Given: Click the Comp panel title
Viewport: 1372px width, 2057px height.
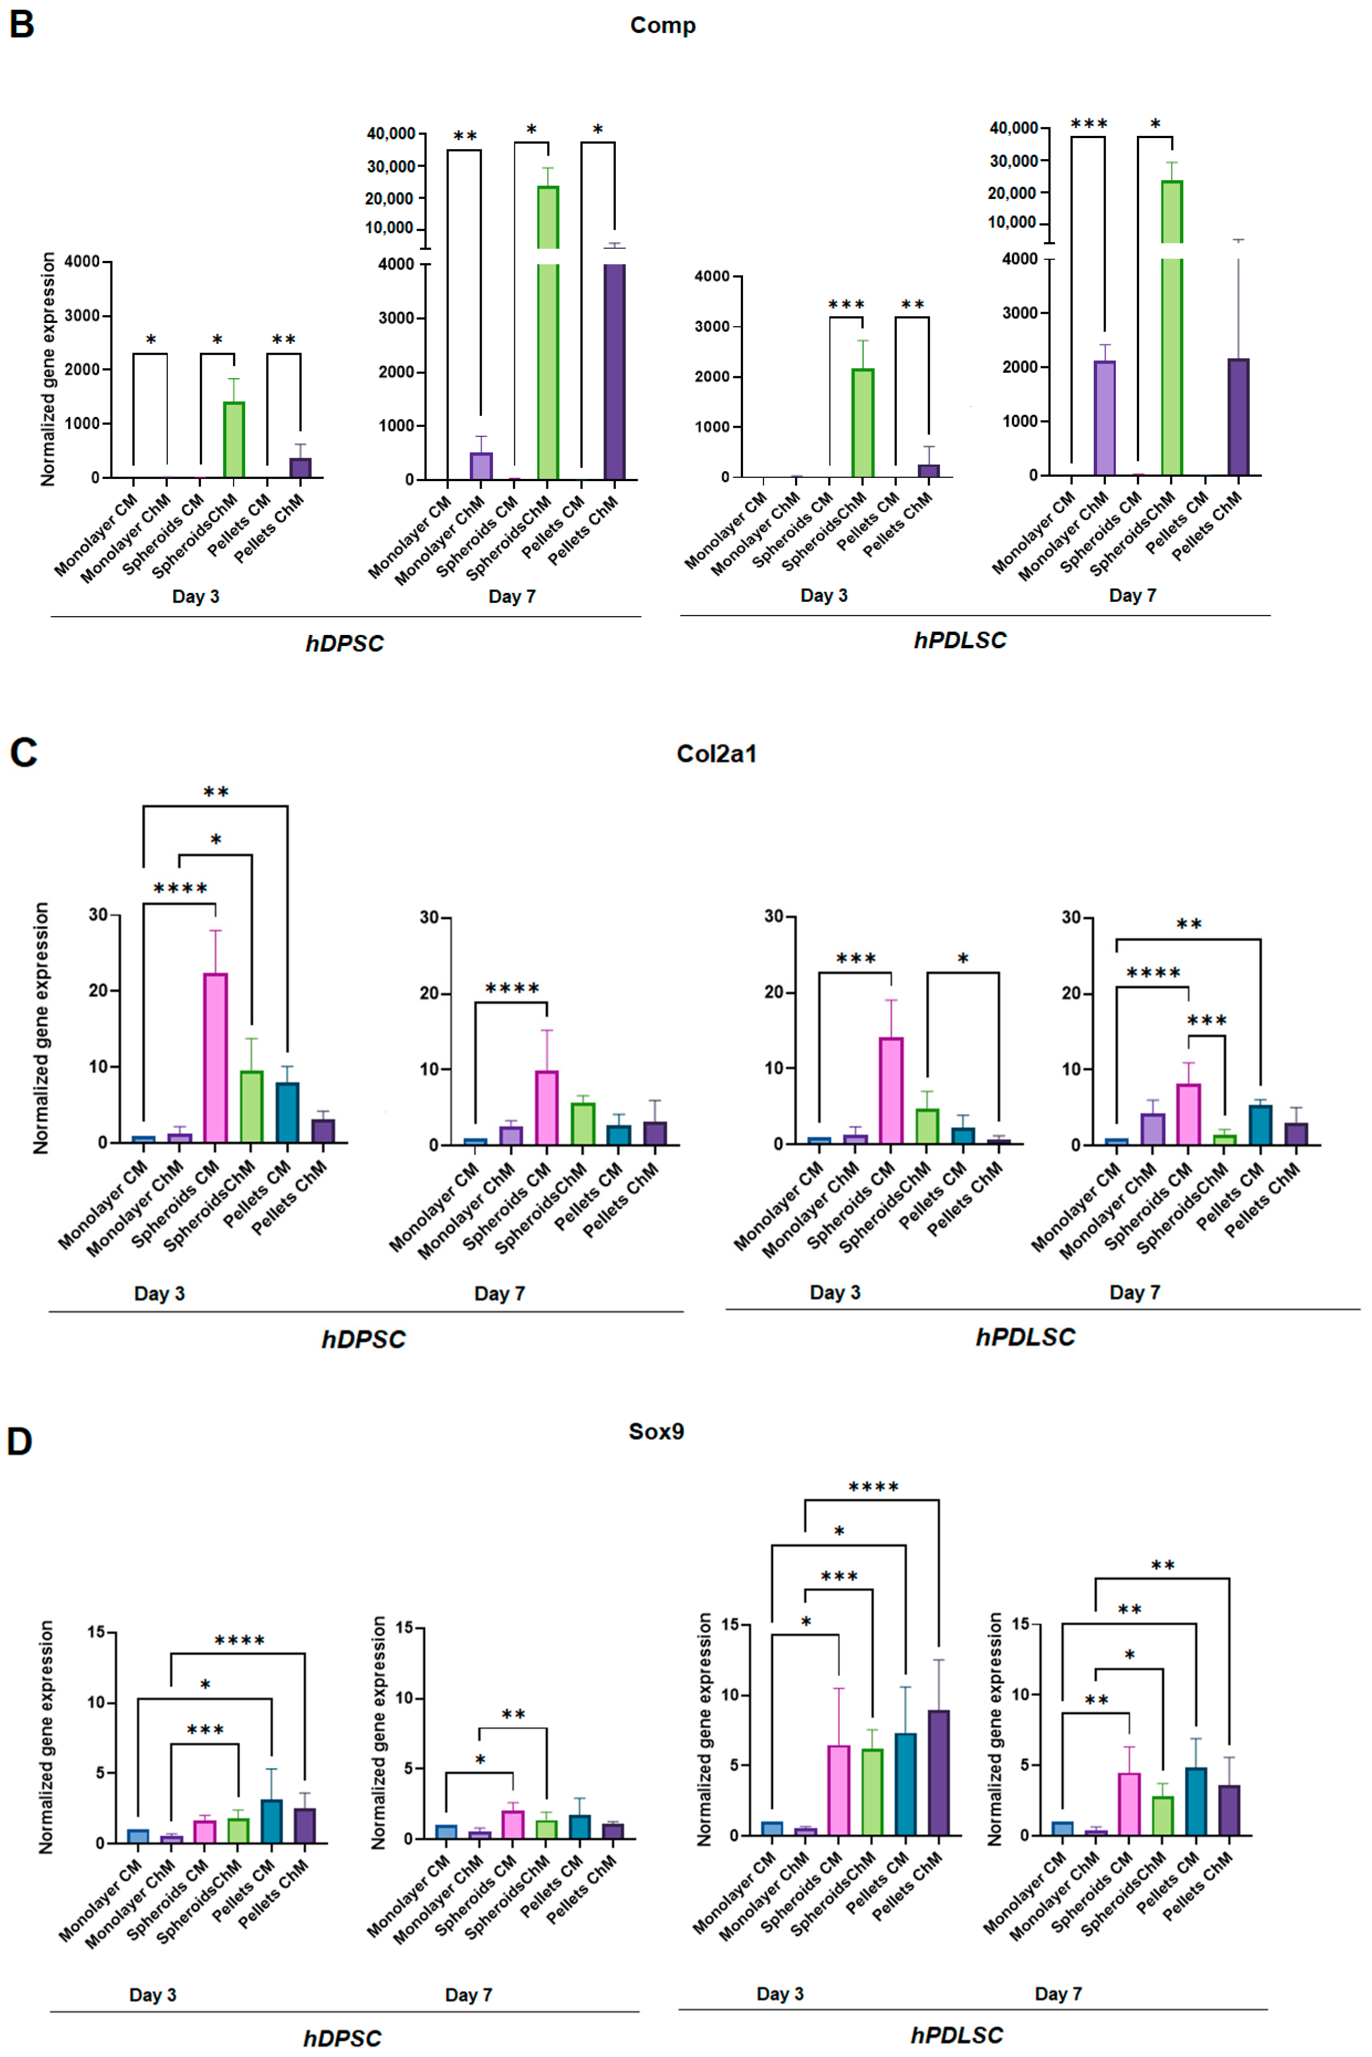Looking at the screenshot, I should (662, 25).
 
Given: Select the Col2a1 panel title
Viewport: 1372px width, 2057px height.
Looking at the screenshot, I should (716, 754).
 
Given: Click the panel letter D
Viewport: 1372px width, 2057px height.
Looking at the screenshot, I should (19, 1441).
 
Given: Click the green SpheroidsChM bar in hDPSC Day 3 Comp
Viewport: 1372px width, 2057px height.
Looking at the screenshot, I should (234, 440).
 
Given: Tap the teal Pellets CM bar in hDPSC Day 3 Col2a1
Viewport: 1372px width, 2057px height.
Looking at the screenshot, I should (287, 1113).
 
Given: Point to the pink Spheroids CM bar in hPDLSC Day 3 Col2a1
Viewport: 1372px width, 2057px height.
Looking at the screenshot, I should (891, 1090).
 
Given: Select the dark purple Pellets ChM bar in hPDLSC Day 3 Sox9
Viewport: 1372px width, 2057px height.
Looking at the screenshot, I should (938, 1773).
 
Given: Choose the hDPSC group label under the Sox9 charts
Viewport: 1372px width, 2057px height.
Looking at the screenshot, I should (342, 2038).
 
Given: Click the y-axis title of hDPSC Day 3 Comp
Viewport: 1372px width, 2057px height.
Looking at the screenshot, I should (48, 369).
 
